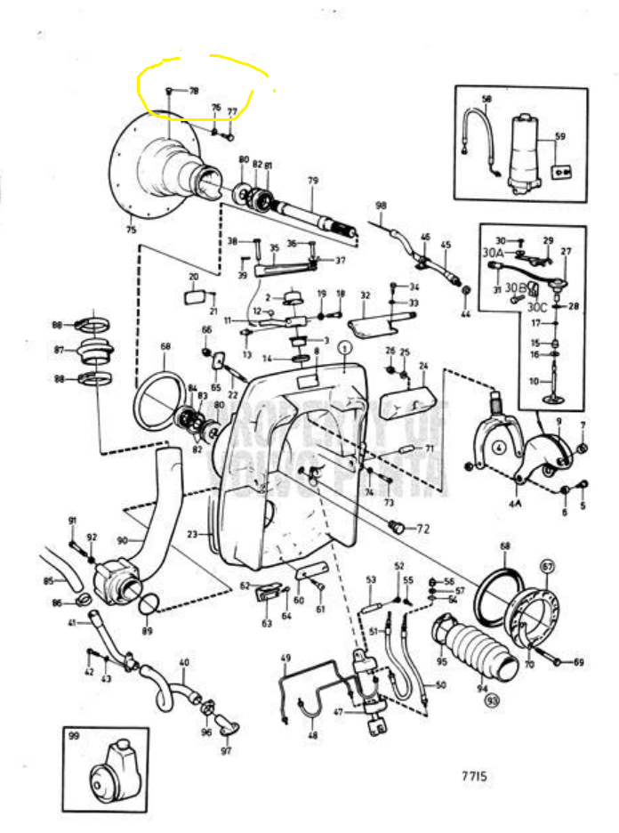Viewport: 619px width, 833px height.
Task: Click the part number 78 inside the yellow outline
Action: pos(193,91)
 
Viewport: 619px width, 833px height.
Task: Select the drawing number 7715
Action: pos(473,776)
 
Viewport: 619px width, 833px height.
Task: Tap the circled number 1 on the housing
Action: pos(345,350)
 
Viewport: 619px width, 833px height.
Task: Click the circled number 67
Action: pos(547,565)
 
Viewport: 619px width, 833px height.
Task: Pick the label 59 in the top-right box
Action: pos(559,136)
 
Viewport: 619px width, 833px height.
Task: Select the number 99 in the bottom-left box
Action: pos(74,738)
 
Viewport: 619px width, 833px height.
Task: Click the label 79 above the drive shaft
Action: pos(312,181)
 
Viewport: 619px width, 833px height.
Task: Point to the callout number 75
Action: pos(132,230)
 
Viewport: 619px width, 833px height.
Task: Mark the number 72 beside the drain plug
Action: pos(422,529)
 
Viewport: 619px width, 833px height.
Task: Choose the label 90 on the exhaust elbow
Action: pos(122,540)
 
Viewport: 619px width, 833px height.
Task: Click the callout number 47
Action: pos(337,713)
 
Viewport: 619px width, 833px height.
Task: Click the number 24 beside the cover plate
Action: pos(423,366)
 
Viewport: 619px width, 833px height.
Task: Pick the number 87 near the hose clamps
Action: pos(59,351)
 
